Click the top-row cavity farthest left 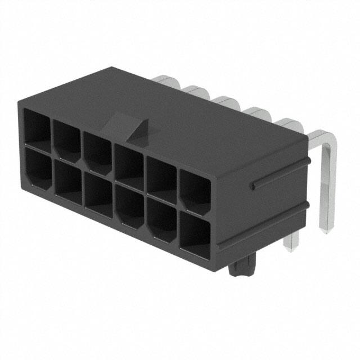[x=38, y=128]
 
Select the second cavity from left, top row [x=68, y=138]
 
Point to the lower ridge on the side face [x=264, y=225]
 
